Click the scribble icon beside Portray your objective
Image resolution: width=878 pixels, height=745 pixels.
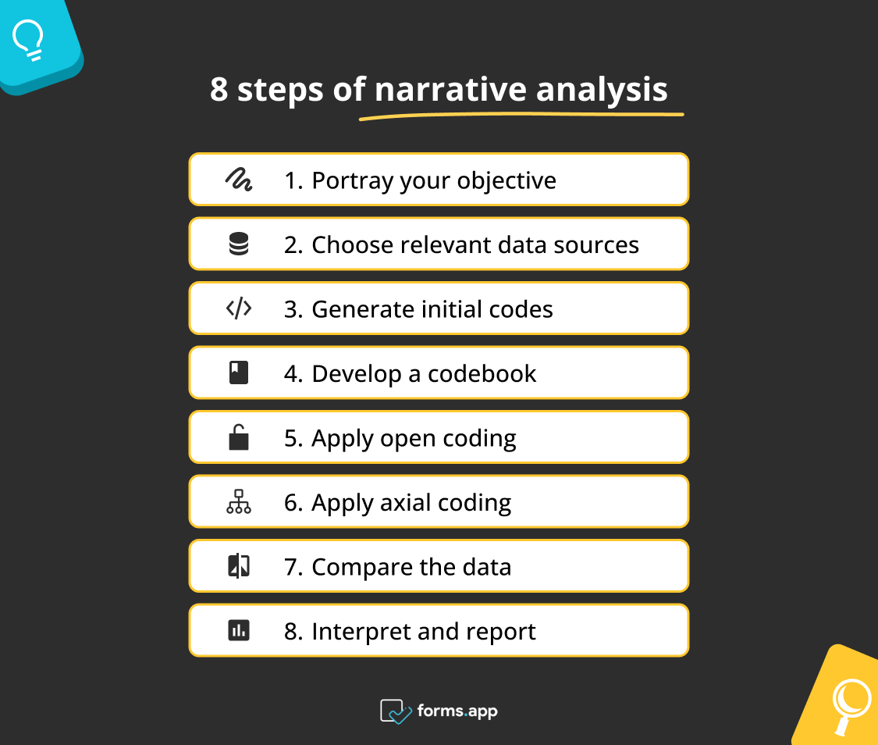click(238, 180)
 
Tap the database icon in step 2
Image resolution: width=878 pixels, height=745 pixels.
click(238, 245)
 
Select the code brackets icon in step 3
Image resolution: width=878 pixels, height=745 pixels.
click(238, 309)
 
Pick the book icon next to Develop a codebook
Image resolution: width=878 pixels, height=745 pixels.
click(238, 373)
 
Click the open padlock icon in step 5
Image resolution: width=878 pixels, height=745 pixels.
click(238, 437)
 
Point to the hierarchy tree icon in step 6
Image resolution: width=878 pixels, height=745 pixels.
click(238, 502)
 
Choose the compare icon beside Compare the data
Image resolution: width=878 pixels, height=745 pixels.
click(238, 566)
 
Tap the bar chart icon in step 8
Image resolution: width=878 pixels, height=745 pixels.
click(238, 630)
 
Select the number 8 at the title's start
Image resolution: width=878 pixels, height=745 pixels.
click(219, 90)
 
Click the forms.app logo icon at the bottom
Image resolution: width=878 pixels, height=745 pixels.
click(396, 711)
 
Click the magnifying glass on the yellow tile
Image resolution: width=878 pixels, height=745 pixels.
click(849, 701)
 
